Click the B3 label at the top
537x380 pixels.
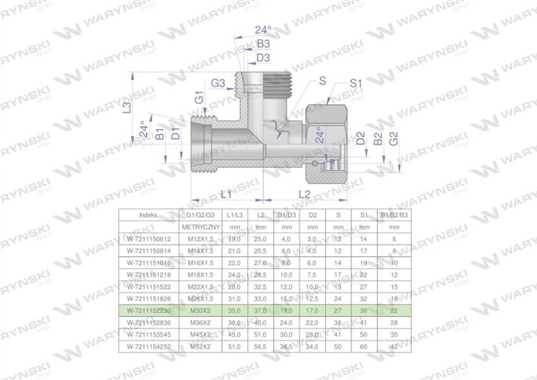[x=262, y=44]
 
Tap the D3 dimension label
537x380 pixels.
[x=263, y=58]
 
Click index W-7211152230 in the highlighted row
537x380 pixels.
[x=149, y=310]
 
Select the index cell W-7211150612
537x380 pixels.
[x=149, y=239]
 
